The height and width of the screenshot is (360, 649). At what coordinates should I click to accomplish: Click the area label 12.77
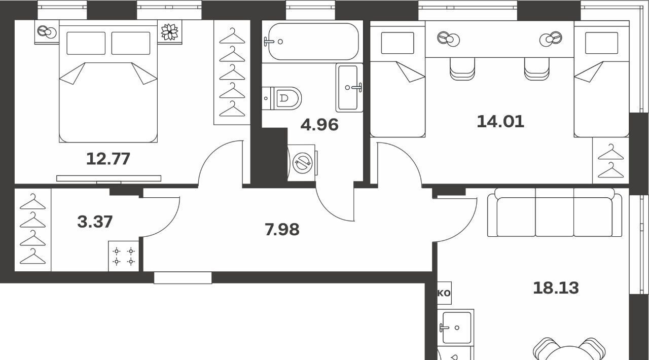(x=108, y=159)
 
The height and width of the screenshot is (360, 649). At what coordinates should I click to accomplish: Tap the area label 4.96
(x=319, y=125)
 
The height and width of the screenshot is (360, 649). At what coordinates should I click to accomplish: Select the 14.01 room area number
(x=500, y=122)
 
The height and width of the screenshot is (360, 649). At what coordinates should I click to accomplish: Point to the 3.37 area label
(x=95, y=222)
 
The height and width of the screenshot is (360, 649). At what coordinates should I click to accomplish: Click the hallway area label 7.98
(x=282, y=230)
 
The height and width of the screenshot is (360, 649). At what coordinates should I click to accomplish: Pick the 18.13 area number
(x=556, y=288)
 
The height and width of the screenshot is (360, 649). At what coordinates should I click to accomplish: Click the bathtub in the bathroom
(x=313, y=42)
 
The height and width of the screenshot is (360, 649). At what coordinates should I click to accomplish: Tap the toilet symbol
(x=281, y=98)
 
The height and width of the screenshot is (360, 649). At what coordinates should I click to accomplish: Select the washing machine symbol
(x=303, y=163)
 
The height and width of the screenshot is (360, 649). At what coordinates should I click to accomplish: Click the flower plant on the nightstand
(x=169, y=31)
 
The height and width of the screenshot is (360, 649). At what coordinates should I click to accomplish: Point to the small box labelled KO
(x=444, y=293)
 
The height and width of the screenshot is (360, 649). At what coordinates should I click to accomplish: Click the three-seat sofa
(x=555, y=212)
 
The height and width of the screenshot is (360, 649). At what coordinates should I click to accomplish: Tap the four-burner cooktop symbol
(x=124, y=256)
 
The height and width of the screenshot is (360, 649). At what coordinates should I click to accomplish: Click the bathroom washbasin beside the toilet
(x=349, y=88)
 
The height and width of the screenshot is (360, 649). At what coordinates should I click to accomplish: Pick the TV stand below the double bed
(x=109, y=178)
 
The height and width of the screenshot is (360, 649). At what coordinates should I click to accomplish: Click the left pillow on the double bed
(x=86, y=43)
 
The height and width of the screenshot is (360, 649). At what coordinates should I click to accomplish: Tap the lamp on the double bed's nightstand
(x=46, y=31)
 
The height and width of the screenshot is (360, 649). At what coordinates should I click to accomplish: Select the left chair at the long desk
(x=462, y=68)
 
